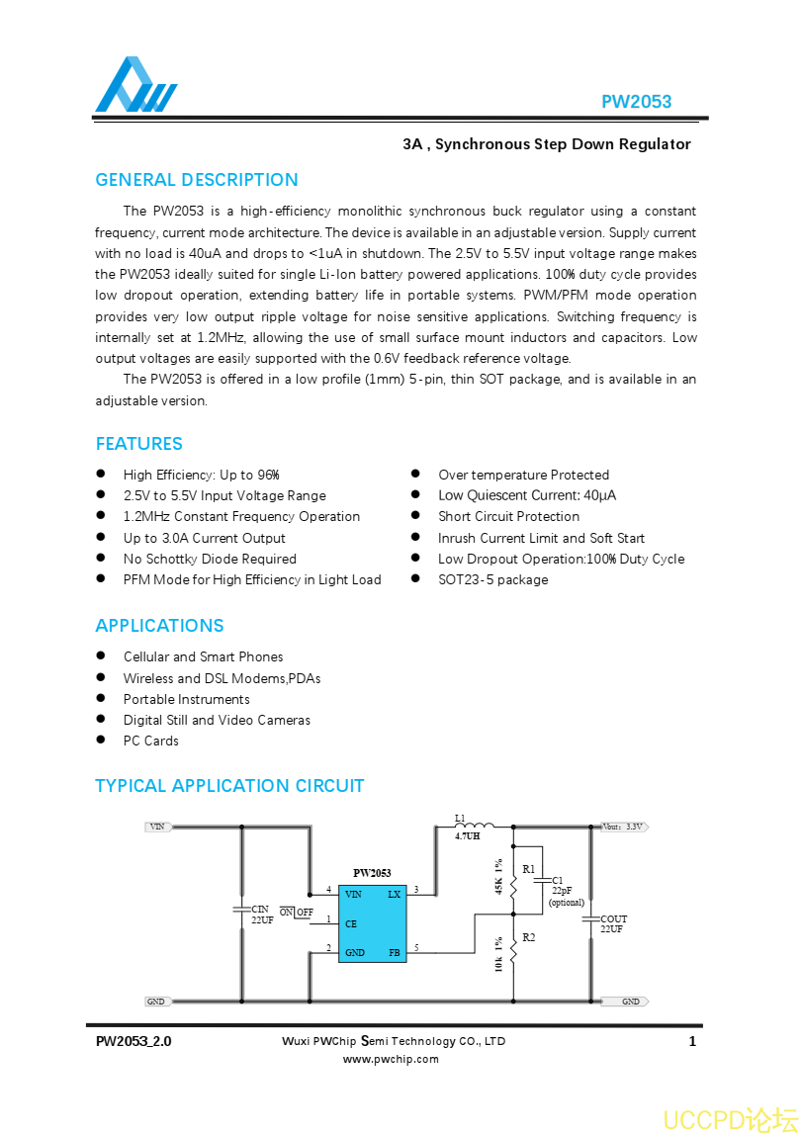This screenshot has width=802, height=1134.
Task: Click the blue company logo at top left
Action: click(x=136, y=86)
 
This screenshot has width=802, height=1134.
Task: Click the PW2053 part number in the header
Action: click(x=636, y=102)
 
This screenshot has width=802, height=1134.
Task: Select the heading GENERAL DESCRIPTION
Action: click(x=196, y=180)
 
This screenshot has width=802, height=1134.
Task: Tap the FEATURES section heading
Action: click(x=138, y=444)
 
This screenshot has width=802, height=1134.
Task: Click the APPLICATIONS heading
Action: click(x=159, y=626)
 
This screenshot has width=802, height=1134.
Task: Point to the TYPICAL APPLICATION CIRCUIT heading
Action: click(x=229, y=786)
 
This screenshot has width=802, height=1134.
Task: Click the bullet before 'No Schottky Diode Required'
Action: click(x=101, y=559)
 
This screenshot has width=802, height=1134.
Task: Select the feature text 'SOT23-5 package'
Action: click(x=492, y=579)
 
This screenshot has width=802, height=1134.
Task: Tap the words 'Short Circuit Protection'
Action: click(x=508, y=516)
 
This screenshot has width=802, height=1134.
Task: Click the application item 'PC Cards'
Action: click(x=150, y=741)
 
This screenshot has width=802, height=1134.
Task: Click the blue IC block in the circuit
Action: click(x=372, y=923)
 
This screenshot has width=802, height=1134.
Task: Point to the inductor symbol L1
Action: click(x=475, y=826)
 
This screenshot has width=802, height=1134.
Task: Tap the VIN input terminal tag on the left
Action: click(x=158, y=827)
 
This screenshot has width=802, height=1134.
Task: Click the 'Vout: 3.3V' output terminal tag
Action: click(x=623, y=827)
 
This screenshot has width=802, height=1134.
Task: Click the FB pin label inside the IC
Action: click(x=394, y=953)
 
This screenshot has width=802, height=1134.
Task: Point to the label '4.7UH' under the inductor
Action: click(x=467, y=836)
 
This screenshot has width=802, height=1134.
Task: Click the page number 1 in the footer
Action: click(x=692, y=1041)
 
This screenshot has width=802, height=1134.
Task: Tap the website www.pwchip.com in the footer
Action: click(x=391, y=1059)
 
